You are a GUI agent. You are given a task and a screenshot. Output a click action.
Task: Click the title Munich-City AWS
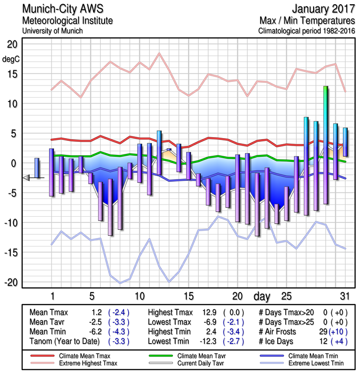[62, 9]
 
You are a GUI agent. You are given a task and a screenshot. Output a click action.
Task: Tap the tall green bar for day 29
[326, 144]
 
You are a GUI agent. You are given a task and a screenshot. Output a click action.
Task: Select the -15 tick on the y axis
[11, 252]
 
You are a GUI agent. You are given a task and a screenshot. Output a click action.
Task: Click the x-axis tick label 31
[344, 296]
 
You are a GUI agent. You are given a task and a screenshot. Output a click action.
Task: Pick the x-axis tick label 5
[92, 296]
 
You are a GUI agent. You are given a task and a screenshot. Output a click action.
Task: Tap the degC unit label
[11, 60]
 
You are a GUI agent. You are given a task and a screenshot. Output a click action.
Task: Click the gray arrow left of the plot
[26, 178]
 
